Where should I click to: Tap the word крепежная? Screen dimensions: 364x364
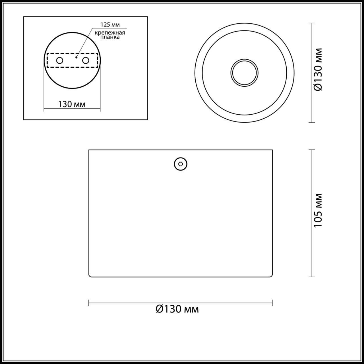click(x=110, y=32)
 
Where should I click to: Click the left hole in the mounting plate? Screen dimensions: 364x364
click(x=60, y=60)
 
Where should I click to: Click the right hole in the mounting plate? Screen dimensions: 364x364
click(x=85, y=60)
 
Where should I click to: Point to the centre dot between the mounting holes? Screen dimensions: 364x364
click(x=76, y=57)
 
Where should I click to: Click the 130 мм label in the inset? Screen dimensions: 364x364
click(x=72, y=104)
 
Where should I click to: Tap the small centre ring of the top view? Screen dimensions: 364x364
click(x=244, y=73)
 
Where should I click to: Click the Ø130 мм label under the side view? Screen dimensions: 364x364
click(x=177, y=309)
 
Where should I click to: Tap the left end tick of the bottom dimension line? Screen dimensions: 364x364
click(x=89, y=303)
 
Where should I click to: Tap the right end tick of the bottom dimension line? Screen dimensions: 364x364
click(x=272, y=303)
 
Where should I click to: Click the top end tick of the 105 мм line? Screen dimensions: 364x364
click(x=312, y=150)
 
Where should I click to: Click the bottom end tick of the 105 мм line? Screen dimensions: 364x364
click(x=312, y=277)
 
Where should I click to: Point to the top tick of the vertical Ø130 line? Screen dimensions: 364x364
click(x=312, y=23)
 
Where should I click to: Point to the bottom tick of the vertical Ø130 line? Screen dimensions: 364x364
click(x=312, y=122)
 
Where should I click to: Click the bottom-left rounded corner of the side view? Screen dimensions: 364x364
click(x=90, y=276)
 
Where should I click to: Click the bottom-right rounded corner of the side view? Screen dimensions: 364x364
click(x=271, y=276)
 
